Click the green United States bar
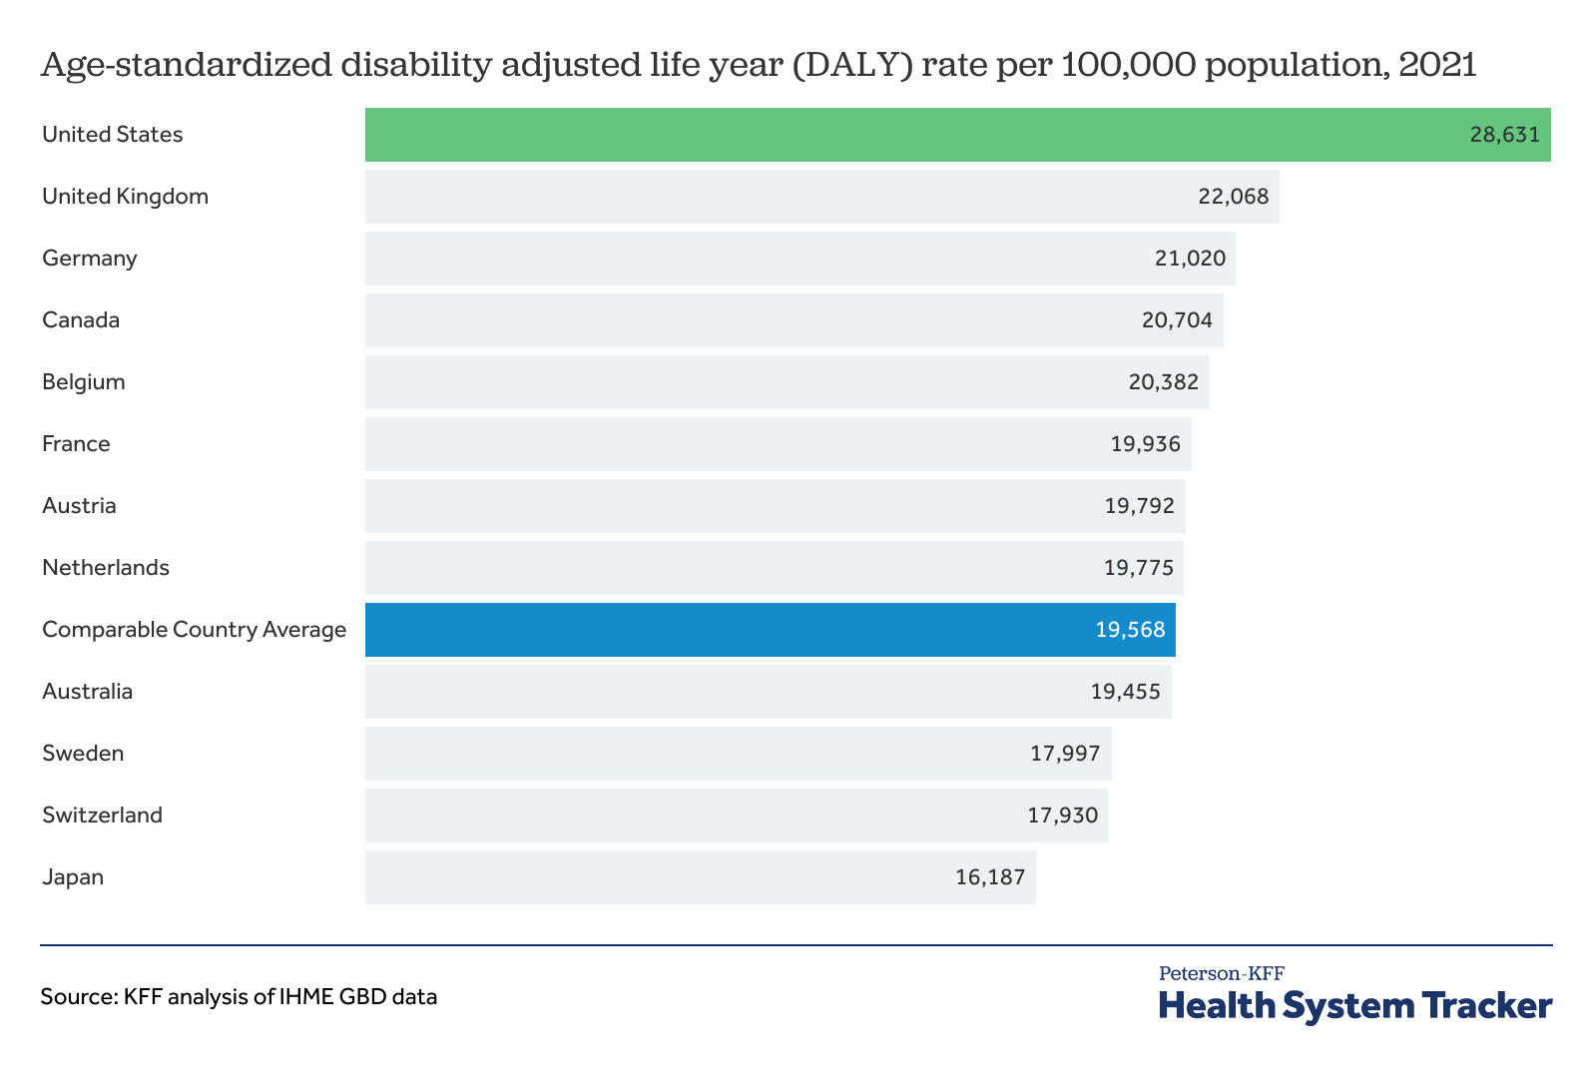click(898, 135)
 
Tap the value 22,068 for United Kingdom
click(1233, 197)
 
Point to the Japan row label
click(73, 877)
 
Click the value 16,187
click(990, 877)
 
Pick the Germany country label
click(90, 259)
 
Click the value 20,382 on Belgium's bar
click(1163, 382)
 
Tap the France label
click(76, 444)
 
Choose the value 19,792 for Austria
click(1139, 506)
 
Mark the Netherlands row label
click(106, 568)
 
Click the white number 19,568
click(1130, 630)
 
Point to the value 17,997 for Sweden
click(1065, 754)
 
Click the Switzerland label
click(102, 815)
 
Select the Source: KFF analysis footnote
click(239, 996)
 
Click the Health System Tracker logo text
click(1354, 1004)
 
